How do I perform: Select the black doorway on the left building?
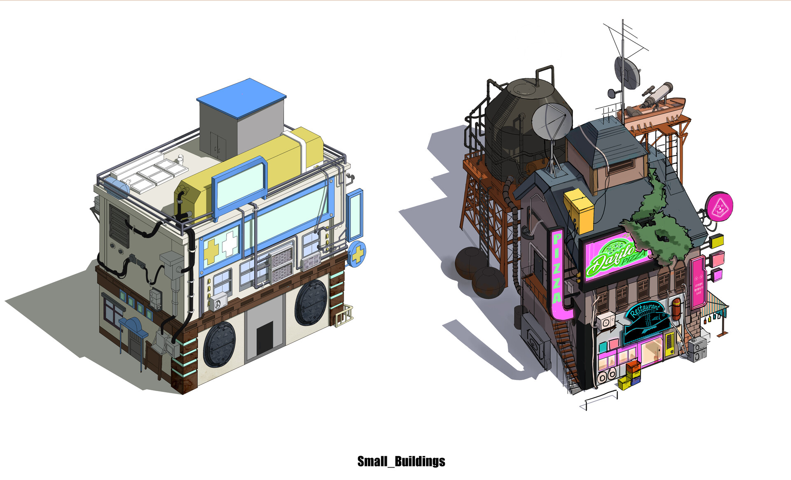(264, 338)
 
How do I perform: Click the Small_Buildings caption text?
(401, 461)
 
